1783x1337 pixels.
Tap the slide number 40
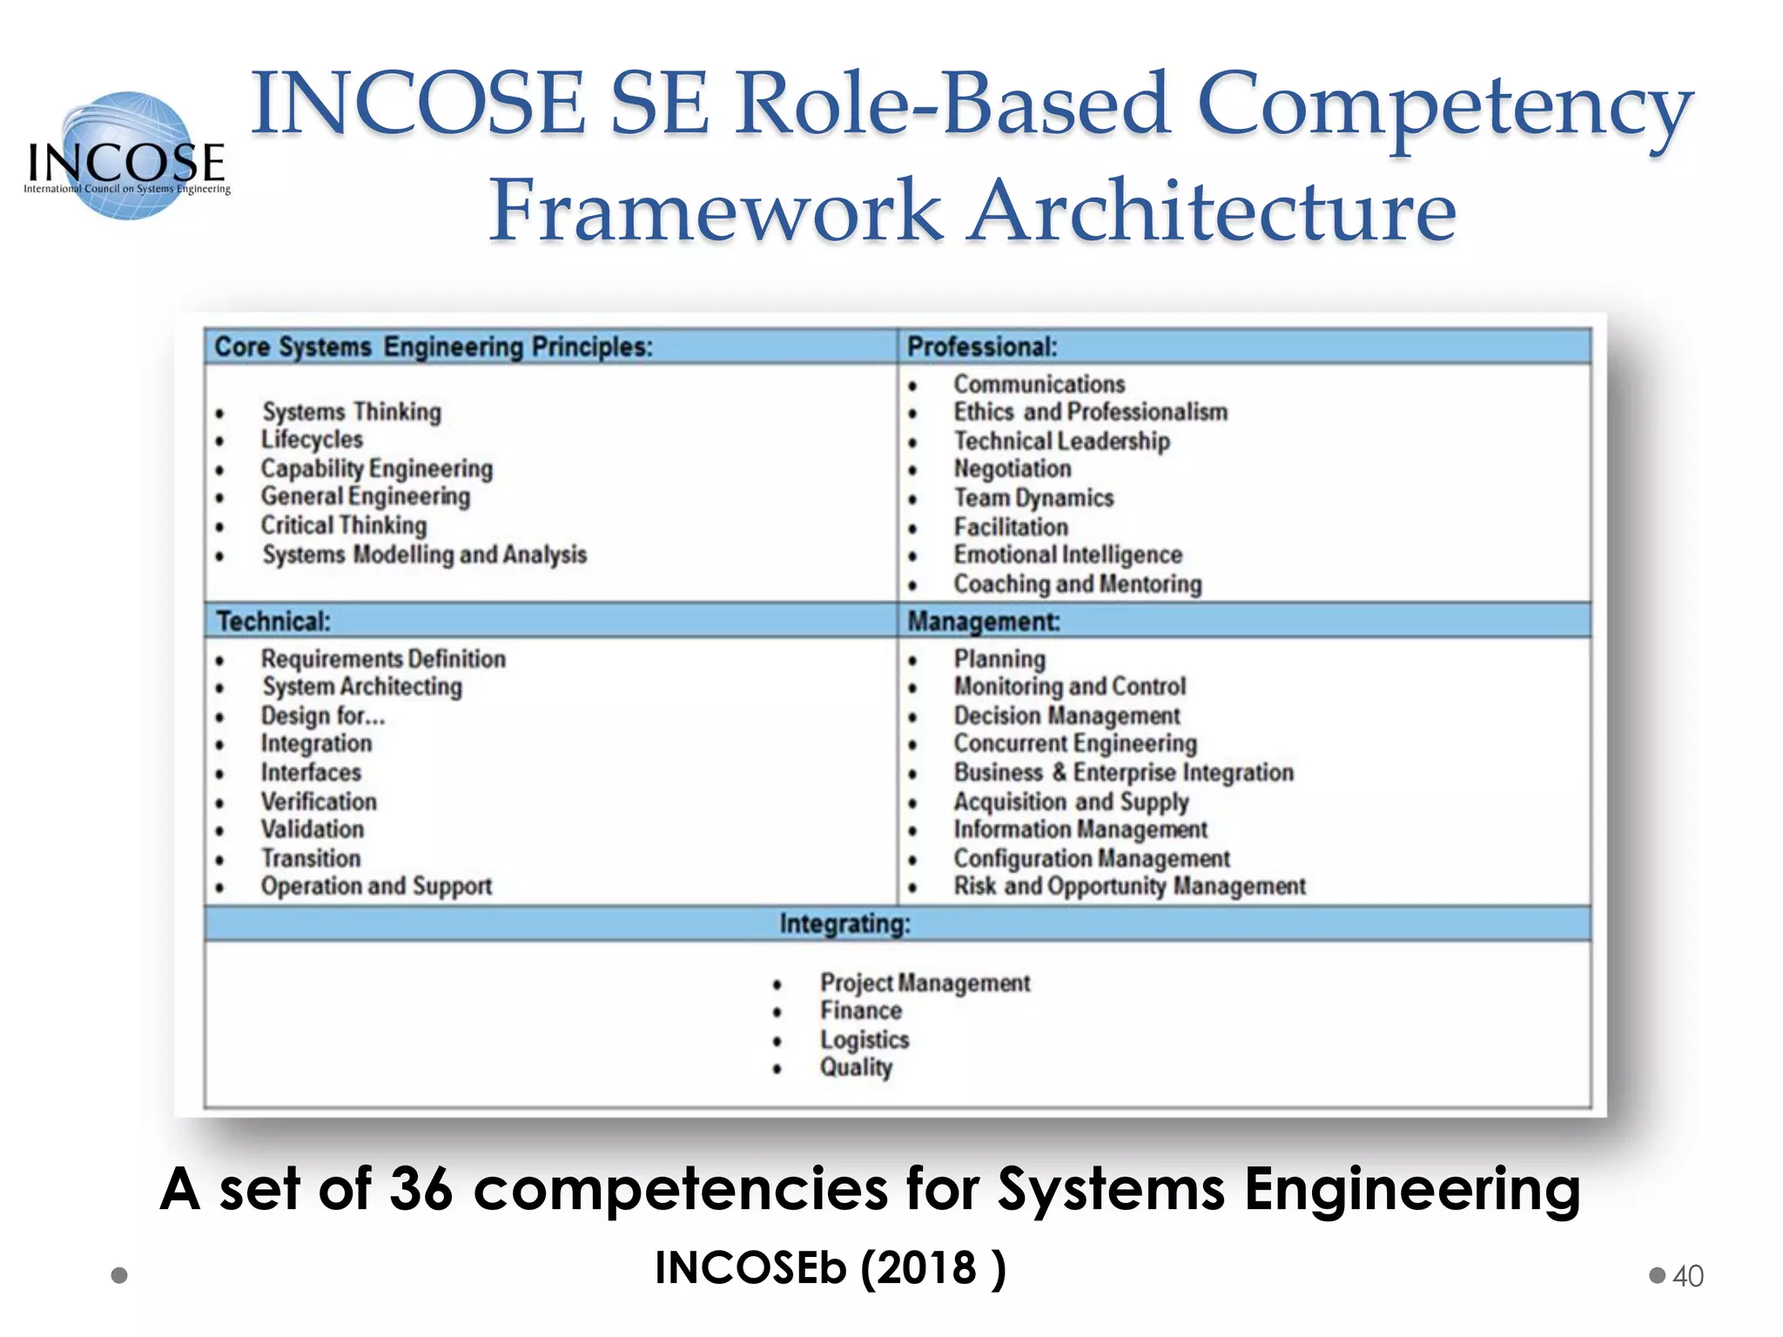pyautogui.click(x=1687, y=1276)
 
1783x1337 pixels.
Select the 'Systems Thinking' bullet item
pyautogui.click(x=352, y=412)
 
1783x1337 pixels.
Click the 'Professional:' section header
pyautogui.click(x=982, y=346)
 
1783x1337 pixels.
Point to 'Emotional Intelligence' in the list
pyautogui.click(x=1067, y=554)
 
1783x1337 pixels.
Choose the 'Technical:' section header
pyautogui.click(x=273, y=621)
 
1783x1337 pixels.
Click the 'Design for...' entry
pyautogui.click(x=322, y=716)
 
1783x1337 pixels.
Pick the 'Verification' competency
pyautogui.click(x=319, y=801)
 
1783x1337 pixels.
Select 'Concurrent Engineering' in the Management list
pyautogui.click(x=1075, y=743)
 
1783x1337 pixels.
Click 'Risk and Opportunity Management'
pyautogui.click(x=1129, y=886)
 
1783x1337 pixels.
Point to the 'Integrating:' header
pyautogui.click(x=844, y=924)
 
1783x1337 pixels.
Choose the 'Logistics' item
pyautogui.click(x=864, y=1039)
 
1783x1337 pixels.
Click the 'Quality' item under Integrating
pyautogui.click(x=856, y=1067)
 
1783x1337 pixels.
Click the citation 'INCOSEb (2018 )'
pyautogui.click(x=830, y=1267)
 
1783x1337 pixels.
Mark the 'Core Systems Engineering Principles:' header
pyautogui.click(x=433, y=346)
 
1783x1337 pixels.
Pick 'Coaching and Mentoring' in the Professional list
pyautogui.click(x=1077, y=584)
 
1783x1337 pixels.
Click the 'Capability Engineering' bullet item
pyautogui.click(x=376, y=468)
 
